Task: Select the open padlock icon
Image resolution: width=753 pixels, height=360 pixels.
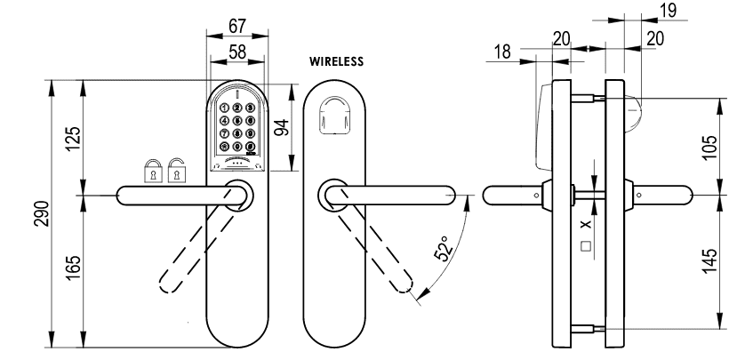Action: coord(178,169)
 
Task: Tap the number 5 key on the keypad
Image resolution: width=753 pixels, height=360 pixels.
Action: coord(237,121)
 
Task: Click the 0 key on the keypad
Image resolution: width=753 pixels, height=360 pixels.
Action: coord(237,147)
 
